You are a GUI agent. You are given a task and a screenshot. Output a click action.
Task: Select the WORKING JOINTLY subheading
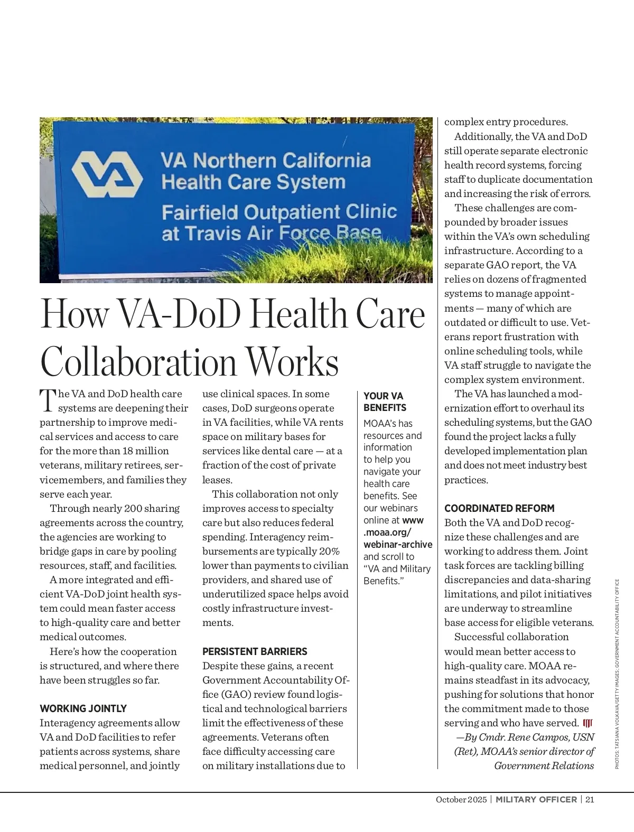coord(83,708)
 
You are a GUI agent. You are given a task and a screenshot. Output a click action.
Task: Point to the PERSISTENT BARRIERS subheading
coord(255,651)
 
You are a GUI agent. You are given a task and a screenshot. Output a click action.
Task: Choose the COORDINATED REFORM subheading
coord(499,508)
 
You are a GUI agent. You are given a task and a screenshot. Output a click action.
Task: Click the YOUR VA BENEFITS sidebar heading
coord(385,401)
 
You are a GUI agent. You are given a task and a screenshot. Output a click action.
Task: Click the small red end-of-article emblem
coord(588,723)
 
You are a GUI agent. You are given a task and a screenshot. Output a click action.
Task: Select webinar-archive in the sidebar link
coord(397,544)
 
